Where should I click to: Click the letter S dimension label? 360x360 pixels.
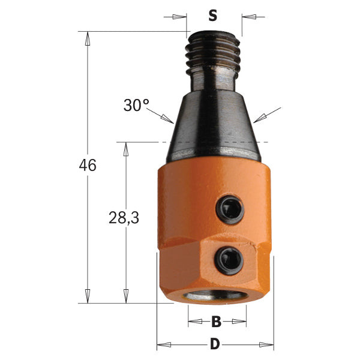coord(212,16)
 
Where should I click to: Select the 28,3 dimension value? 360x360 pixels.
coord(125,219)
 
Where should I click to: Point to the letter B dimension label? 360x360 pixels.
coord(217,322)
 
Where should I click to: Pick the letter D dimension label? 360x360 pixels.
coord(215,345)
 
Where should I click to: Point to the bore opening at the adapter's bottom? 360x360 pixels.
coord(215,298)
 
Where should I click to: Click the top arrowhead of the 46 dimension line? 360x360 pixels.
coord(88,37)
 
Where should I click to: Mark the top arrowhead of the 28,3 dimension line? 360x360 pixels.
coord(126,148)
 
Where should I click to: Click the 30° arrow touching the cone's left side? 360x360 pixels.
coord(169,122)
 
